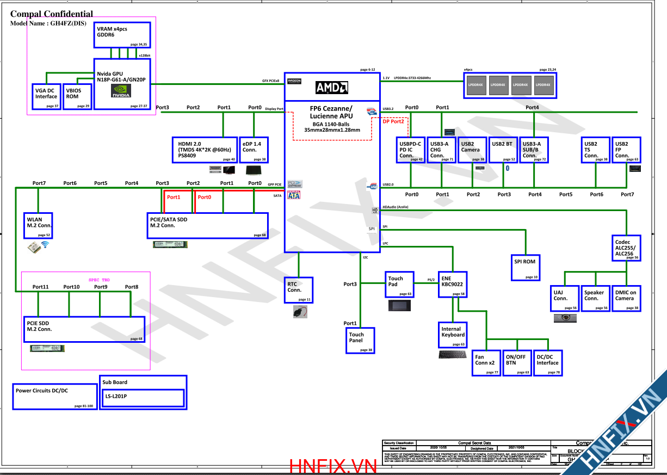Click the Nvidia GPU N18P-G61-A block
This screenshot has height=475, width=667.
point(122,84)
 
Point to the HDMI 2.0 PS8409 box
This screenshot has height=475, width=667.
point(205,150)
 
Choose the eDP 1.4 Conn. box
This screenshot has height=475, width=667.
point(254,150)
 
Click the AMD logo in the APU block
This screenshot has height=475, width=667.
point(332,88)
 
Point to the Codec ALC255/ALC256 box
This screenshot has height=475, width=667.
point(627,248)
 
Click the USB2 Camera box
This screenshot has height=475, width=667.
point(472,150)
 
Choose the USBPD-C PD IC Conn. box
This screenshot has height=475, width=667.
point(410,150)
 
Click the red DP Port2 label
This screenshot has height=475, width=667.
point(393,121)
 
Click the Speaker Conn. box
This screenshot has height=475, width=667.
point(595,298)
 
